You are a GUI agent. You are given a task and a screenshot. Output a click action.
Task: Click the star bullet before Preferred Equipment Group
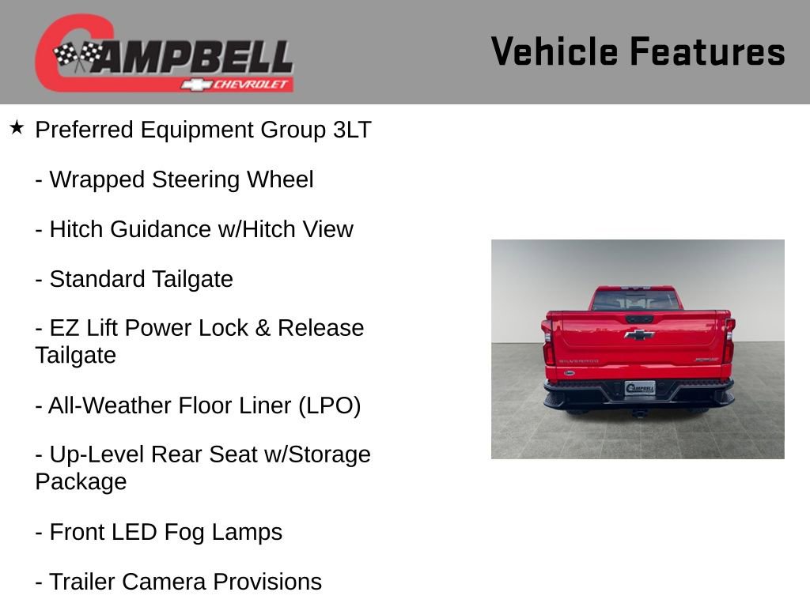pyautogui.click(x=17, y=127)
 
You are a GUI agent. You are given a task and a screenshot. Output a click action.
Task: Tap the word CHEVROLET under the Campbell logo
pyautogui.click(x=252, y=85)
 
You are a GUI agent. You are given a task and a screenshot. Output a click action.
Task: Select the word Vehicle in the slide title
pyautogui.click(x=554, y=51)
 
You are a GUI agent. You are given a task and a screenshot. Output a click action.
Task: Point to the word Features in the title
pyautogui.click(x=707, y=51)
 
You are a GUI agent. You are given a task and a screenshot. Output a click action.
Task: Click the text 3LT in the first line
pyautogui.click(x=352, y=130)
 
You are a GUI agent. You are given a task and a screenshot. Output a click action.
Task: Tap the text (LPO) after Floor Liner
pyautogui.click(x=329, y=405)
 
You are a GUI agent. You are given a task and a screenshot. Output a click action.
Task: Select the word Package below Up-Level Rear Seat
pyautogui.click(x=81, y=481)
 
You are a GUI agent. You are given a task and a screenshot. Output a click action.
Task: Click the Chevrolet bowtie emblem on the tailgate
pyautogui.click(x=638, y=334)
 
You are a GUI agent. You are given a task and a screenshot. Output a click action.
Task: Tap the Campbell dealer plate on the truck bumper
pyautogui.click(x=639, y=388)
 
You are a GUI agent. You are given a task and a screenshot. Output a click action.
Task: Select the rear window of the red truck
pyautogui.click(x=636, y=300)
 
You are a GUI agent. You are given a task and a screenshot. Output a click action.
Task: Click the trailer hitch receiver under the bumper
pyautogui.click(x=638, y=413)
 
